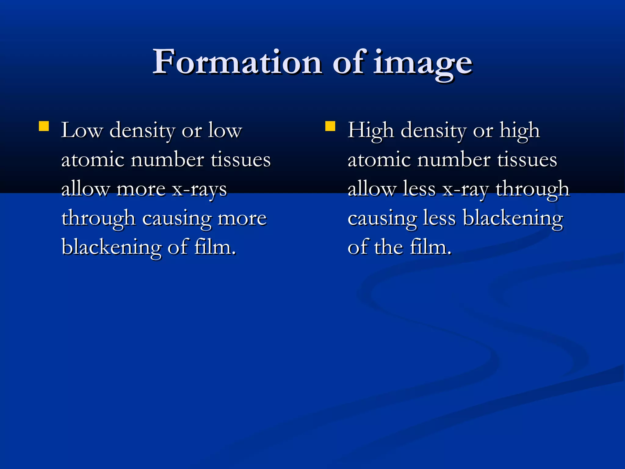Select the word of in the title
[349, 62]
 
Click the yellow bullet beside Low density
[44, 126]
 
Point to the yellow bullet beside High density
[330, 126]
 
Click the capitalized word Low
[81, 131]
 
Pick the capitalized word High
[370, 131]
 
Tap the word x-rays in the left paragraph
[200, 189]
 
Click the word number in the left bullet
[167, 160]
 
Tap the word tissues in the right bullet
[527, 160]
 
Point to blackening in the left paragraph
[111, 247]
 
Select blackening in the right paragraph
[512, 219]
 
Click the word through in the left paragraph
[98, 219]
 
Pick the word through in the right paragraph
[533, 189]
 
